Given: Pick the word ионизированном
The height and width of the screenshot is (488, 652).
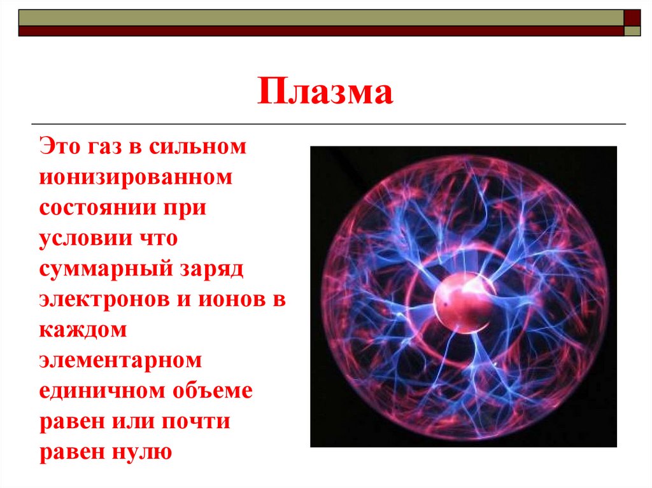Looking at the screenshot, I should click(x=136, y=178).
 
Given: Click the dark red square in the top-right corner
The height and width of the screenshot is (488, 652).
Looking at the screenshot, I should click(x=632, y=17).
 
